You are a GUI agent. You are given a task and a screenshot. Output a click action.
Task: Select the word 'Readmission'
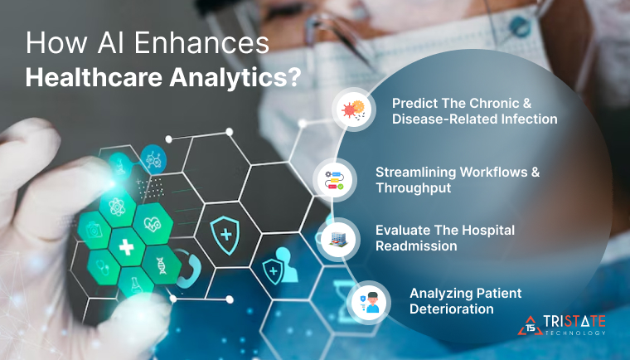pos(415,246)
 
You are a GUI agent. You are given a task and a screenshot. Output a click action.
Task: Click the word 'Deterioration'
pos(453,309)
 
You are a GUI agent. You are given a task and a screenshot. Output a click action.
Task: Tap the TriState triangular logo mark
pos(531,326)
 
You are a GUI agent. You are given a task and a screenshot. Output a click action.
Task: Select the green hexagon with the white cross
pos(125,247)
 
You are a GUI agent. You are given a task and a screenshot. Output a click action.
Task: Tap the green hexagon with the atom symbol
pos(117,203)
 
